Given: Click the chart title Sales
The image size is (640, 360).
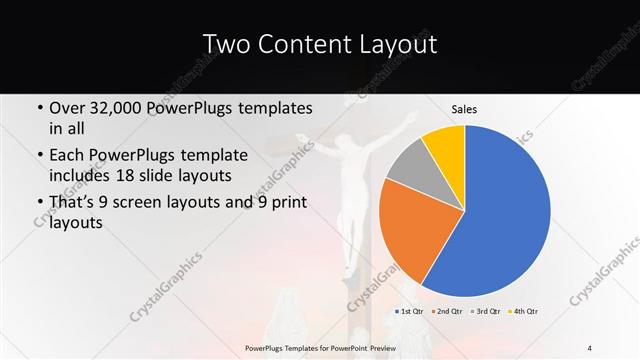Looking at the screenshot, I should [x=463, y=108].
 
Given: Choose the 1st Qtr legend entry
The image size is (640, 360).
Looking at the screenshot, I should [x=411, y=312].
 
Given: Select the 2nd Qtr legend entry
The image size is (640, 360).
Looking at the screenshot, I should [x=448, y=312].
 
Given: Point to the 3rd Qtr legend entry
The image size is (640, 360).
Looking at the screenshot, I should [x=485, y=312].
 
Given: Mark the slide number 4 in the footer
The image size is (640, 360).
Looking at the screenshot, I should [x=590, y=347].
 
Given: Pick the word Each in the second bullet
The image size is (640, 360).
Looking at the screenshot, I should [x=66, y=156].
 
